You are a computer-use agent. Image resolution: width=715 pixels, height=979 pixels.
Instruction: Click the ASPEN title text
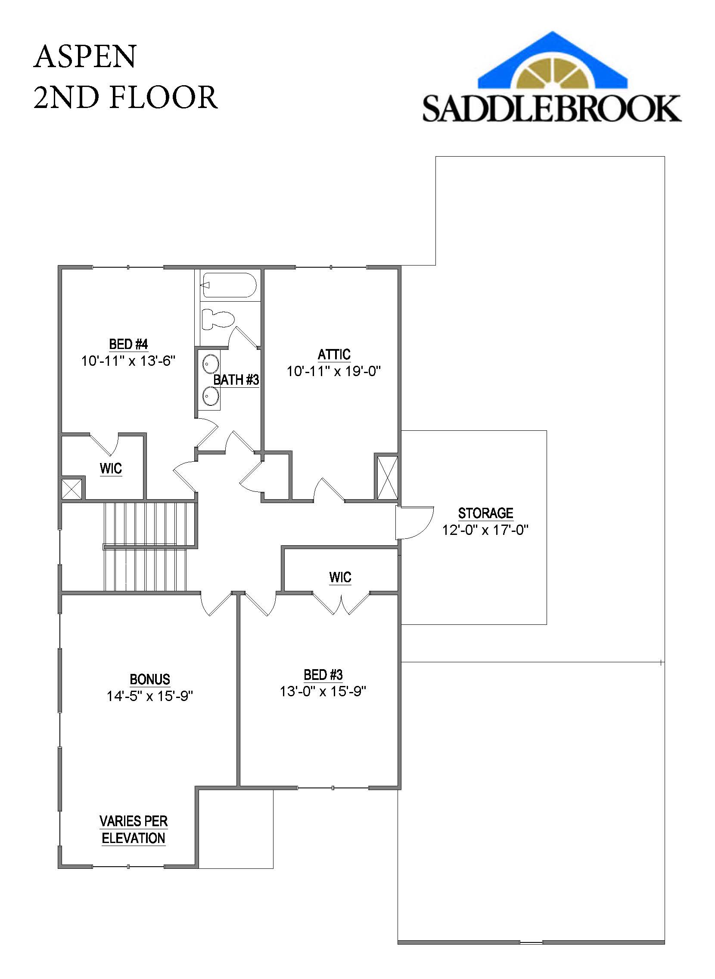tap(85, 56)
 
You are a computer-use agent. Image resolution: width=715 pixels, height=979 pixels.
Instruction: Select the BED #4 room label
tap(128, 344)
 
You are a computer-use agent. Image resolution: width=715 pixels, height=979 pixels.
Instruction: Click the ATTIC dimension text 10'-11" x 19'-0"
tap(334, 371)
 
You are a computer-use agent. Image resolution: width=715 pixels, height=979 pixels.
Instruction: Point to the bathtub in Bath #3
tap(230, 285)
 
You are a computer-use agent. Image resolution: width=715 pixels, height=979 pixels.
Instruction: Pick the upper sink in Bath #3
tap(211, 364)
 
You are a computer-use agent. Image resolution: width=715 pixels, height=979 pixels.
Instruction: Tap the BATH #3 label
tap(236, 380)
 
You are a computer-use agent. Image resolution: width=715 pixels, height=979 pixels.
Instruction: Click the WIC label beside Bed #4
tap(111, 468)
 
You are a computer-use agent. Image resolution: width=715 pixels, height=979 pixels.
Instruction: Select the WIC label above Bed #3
tap(340, 577)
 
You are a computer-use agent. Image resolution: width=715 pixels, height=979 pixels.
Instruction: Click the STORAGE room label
tap(485, 513)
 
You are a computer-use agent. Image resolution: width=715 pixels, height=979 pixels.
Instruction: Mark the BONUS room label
tap(150, 679)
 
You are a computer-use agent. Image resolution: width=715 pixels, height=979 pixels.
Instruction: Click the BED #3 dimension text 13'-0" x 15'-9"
tap(323, 692)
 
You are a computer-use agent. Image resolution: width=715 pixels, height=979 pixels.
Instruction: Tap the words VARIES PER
tap(133, 821)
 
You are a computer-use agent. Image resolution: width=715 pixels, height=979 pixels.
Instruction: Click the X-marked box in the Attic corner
tap(386, 477)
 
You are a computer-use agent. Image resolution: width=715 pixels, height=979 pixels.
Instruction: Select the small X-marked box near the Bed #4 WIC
tap(71, 488)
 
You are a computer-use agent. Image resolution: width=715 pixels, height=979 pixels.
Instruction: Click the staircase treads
tap(145, 546)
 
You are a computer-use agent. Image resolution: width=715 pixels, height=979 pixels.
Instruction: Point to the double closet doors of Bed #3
tap(341, 604)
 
